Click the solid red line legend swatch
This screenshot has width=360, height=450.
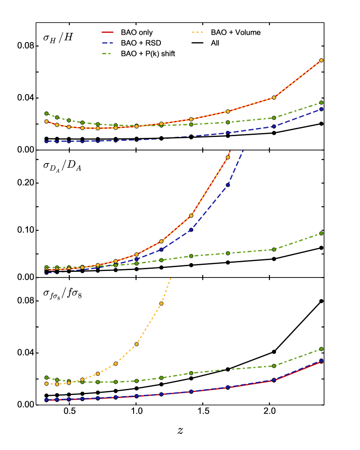[108, 32]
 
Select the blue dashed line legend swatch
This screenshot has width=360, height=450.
[108, 43]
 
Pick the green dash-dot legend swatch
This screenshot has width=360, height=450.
[106, 54]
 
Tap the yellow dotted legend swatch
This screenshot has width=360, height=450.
[197, 32]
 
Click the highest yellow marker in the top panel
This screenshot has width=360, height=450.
[321, 60]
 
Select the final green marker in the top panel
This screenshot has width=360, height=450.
[321, 103]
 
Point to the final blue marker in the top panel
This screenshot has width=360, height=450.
[321, 109]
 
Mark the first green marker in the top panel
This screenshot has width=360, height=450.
[46, 114]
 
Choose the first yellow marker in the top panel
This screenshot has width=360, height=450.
[46, 121]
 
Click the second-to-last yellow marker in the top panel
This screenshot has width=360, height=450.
[274, 98]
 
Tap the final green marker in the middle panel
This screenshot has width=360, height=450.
[321, 233]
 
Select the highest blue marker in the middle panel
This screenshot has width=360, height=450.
[228, 185]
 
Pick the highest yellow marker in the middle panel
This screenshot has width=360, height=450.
[228, 157]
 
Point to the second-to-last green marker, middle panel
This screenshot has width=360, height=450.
[274, 249]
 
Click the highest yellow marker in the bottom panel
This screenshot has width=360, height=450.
[161, 303]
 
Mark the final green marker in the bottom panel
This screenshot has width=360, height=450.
[321, 349]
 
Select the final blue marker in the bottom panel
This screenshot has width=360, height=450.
[321, 360]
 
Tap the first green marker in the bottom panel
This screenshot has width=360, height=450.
[46, 378]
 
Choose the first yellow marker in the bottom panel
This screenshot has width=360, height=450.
[46, 384]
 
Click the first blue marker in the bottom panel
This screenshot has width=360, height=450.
[46, 400]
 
